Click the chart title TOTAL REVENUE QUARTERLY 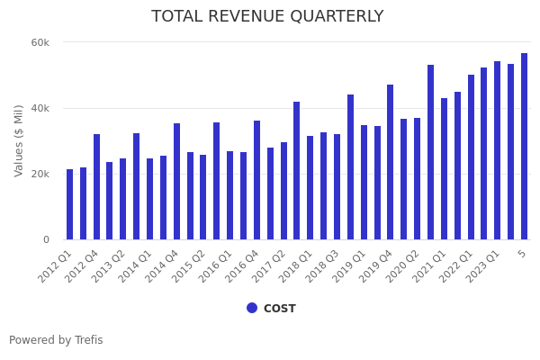click(267, 17)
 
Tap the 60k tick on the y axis click(40, 42)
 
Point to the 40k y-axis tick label click(40, 108)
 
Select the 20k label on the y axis click(40, 174)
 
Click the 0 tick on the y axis click(46, 239)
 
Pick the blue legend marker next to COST click(252, 308)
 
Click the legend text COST click(279, 309)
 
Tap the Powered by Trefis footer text click(56, 340)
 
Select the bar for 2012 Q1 click(69, 204)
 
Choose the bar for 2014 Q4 click(176, 182)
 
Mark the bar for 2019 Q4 click(390, 162)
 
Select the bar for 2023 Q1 click(497, 150)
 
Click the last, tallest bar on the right click(524, 147)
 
